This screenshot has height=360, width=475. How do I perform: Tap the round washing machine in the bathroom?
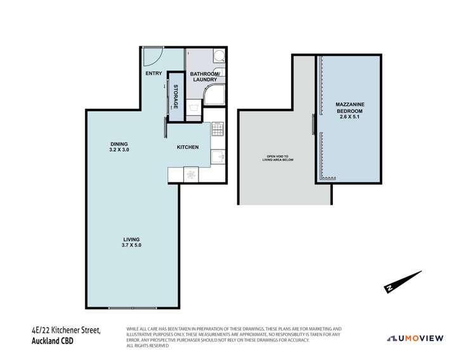[218, 56]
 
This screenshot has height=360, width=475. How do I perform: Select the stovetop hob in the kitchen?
[217, 129]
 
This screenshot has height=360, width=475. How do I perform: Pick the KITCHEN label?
[188, 147]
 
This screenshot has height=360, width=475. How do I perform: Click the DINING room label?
[119, 144]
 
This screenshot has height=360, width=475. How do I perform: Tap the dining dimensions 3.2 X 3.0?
[119, 150]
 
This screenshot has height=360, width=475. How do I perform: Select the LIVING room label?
[131, 238]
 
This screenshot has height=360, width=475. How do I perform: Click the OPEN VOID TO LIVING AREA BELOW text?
[277, 158]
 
